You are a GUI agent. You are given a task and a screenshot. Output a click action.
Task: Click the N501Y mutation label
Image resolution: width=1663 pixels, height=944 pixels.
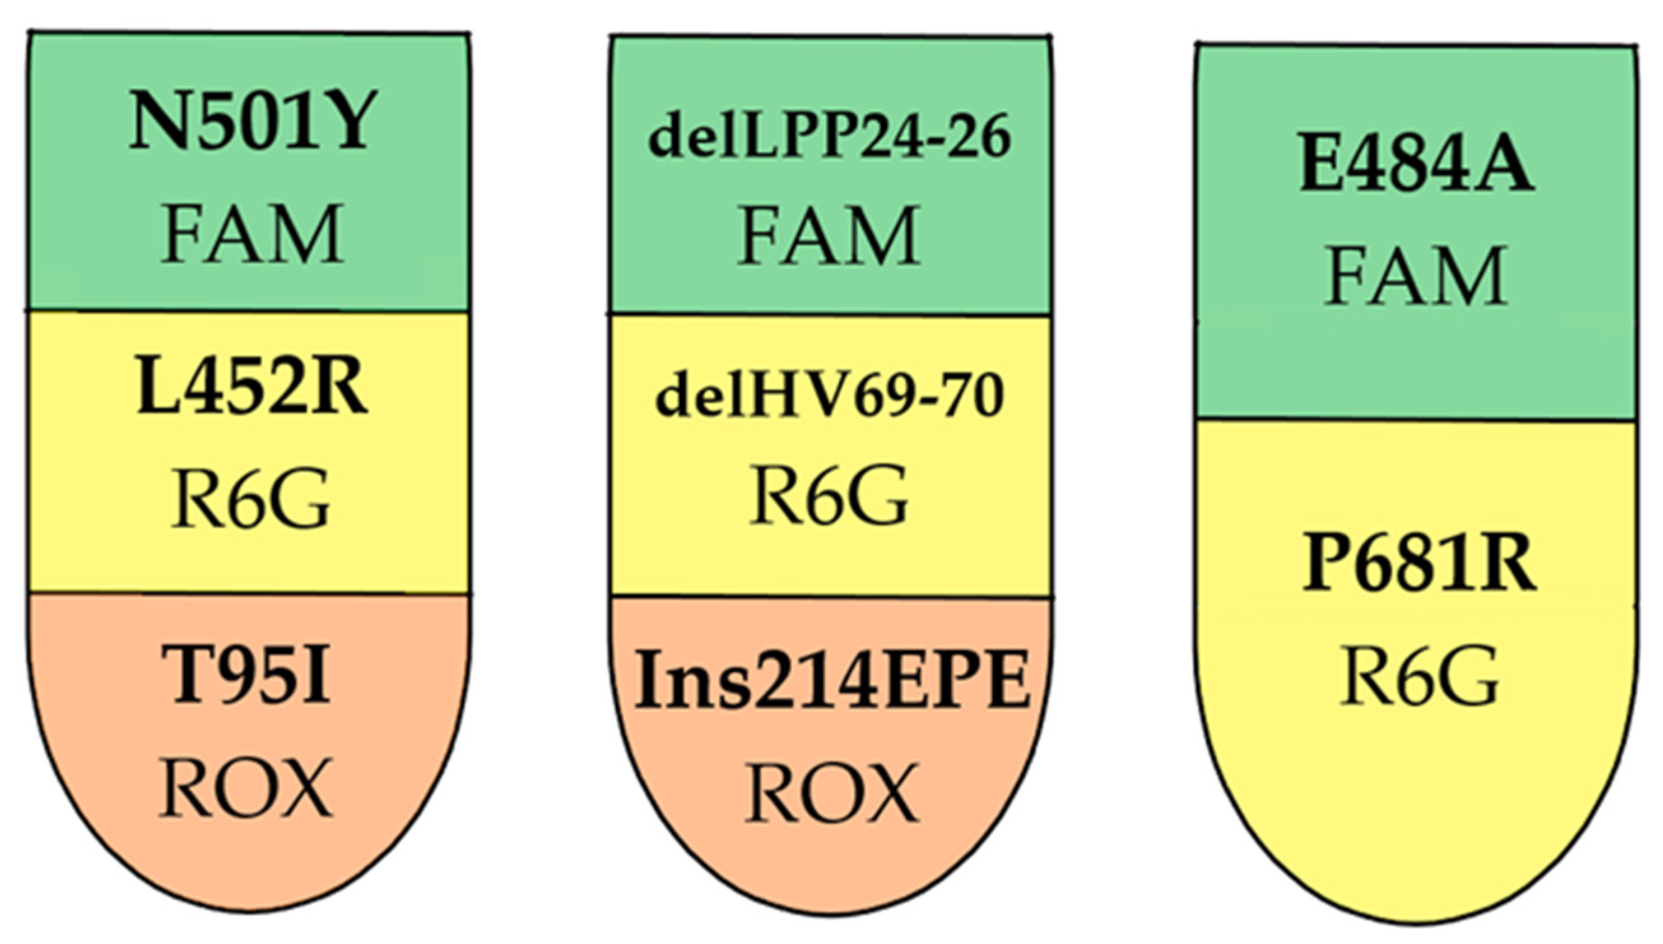click(252, 122)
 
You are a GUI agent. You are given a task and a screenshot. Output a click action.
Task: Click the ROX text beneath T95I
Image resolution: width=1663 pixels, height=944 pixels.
click(246, 787)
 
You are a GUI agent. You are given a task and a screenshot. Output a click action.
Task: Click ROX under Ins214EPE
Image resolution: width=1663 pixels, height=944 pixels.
click(832, 792)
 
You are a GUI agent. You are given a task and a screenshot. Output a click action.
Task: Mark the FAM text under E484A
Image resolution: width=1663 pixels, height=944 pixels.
click(1415, 276)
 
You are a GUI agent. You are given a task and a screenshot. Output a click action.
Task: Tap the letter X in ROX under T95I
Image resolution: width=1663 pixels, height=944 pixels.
click(304, 787)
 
